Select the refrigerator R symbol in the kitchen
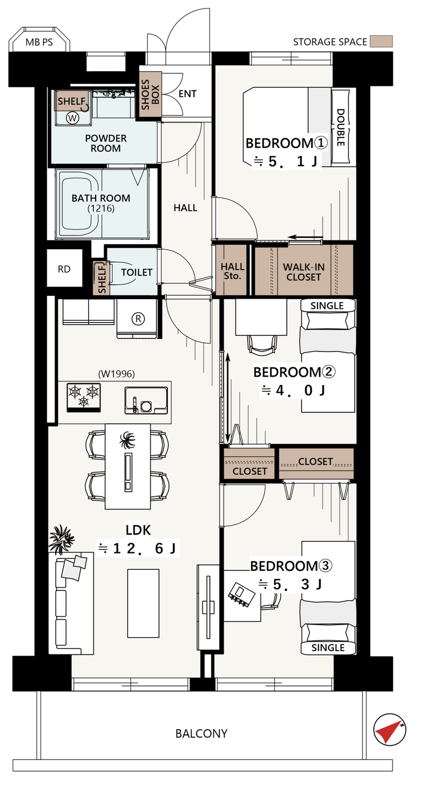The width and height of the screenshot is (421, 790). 138,319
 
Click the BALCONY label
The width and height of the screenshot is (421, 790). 201,734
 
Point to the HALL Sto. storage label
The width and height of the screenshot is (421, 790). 233,271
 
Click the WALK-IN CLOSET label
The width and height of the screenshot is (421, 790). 304,272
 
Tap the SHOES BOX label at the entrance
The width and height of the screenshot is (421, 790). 150,94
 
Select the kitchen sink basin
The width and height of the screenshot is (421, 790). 146,400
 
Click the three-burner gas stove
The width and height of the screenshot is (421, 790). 84,398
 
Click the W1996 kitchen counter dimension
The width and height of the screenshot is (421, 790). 117,374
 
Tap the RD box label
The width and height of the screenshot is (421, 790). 64,269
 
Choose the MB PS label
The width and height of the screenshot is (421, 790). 39,42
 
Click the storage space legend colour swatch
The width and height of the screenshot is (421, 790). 381,42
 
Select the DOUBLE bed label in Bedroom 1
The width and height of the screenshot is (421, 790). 340,127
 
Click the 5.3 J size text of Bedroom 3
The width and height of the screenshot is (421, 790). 290,584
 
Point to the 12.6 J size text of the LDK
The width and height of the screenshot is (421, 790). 138,548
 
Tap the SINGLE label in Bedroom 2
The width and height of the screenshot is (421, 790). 327,305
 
